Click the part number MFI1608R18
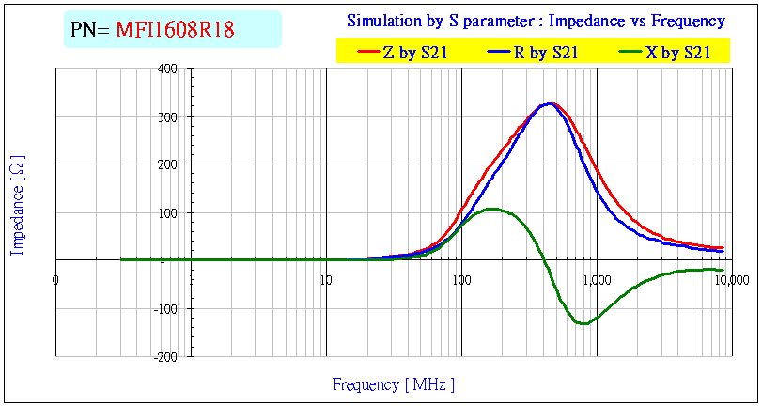click(x=175, y=30)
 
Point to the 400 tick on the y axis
click(x=168, y=69)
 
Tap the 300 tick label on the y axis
click(x=168, y=117)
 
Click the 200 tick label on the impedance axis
click(x=168, y=164)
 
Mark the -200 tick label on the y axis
click(x=165, y=357)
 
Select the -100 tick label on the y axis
click(x=165, y=309)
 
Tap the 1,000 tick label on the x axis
click(x=596, y=279)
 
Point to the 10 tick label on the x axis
click(x=325, y=279)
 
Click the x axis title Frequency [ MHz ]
click(x=393, y=384)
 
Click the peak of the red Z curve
click(x=552, y=103)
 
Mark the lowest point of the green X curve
click(x=583, y=323)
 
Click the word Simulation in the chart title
click(x=382, y=21)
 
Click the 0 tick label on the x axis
click(x=55, y=279)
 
